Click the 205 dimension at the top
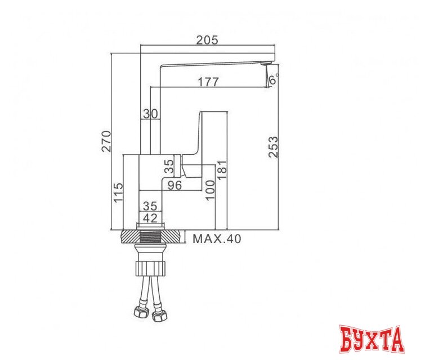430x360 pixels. [x=207, y=40]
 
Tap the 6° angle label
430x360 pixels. [x=273, y=80]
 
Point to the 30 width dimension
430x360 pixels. [x=150, y=113]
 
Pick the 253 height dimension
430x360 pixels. [x=272, y=147]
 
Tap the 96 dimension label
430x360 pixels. [x=174, y=186]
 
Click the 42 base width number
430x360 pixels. [x=150, y=218]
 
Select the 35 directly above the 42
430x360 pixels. [x=150, y=205]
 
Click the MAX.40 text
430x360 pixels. [x=217, y=239]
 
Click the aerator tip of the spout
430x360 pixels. [x=264, y=66]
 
